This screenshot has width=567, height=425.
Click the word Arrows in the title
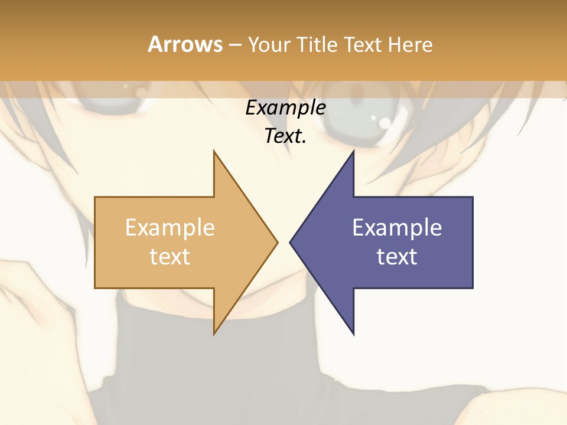tap(185, 44)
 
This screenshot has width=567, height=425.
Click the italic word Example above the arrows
tap(285, 108)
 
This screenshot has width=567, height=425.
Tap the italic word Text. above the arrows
tap(285, 136)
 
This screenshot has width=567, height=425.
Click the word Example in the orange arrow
tap(170, 228)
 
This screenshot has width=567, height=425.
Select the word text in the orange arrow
tap(170, 257)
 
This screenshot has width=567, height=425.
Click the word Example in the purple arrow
tap(397, 228)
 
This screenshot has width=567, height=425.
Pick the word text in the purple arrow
tap(397, 257)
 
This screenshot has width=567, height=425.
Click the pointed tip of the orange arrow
tap(276, 242)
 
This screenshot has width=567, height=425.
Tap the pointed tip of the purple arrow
tap(291, 242)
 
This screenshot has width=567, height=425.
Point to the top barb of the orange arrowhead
tap(214, 153)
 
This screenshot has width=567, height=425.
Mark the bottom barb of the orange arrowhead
tap(214, 332)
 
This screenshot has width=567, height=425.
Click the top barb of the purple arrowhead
tap(353, 153)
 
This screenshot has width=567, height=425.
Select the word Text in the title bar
tap(364, 45)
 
